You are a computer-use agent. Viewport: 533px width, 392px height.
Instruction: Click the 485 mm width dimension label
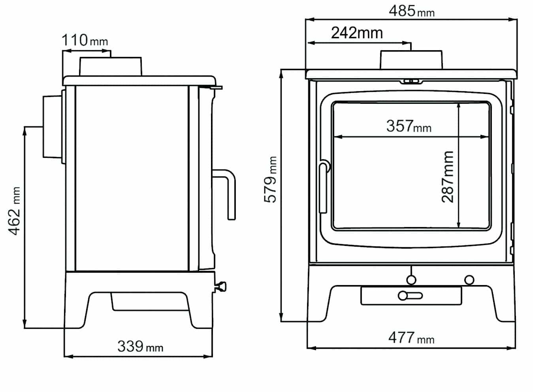point(412,11)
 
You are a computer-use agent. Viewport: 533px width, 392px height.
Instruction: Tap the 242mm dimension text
point(357,33)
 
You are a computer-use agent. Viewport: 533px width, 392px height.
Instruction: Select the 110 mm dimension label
point(85,40)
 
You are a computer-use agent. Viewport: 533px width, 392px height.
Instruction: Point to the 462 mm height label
point(14,211)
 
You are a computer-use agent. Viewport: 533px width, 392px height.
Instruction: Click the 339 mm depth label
point(140,346)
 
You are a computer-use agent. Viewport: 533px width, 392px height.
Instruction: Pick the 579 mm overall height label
point(271,180)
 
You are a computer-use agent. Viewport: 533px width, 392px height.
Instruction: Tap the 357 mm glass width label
point(409,126)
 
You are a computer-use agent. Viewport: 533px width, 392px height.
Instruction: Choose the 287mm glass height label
point(447,177)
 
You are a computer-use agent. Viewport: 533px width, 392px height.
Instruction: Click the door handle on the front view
point(324,187)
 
